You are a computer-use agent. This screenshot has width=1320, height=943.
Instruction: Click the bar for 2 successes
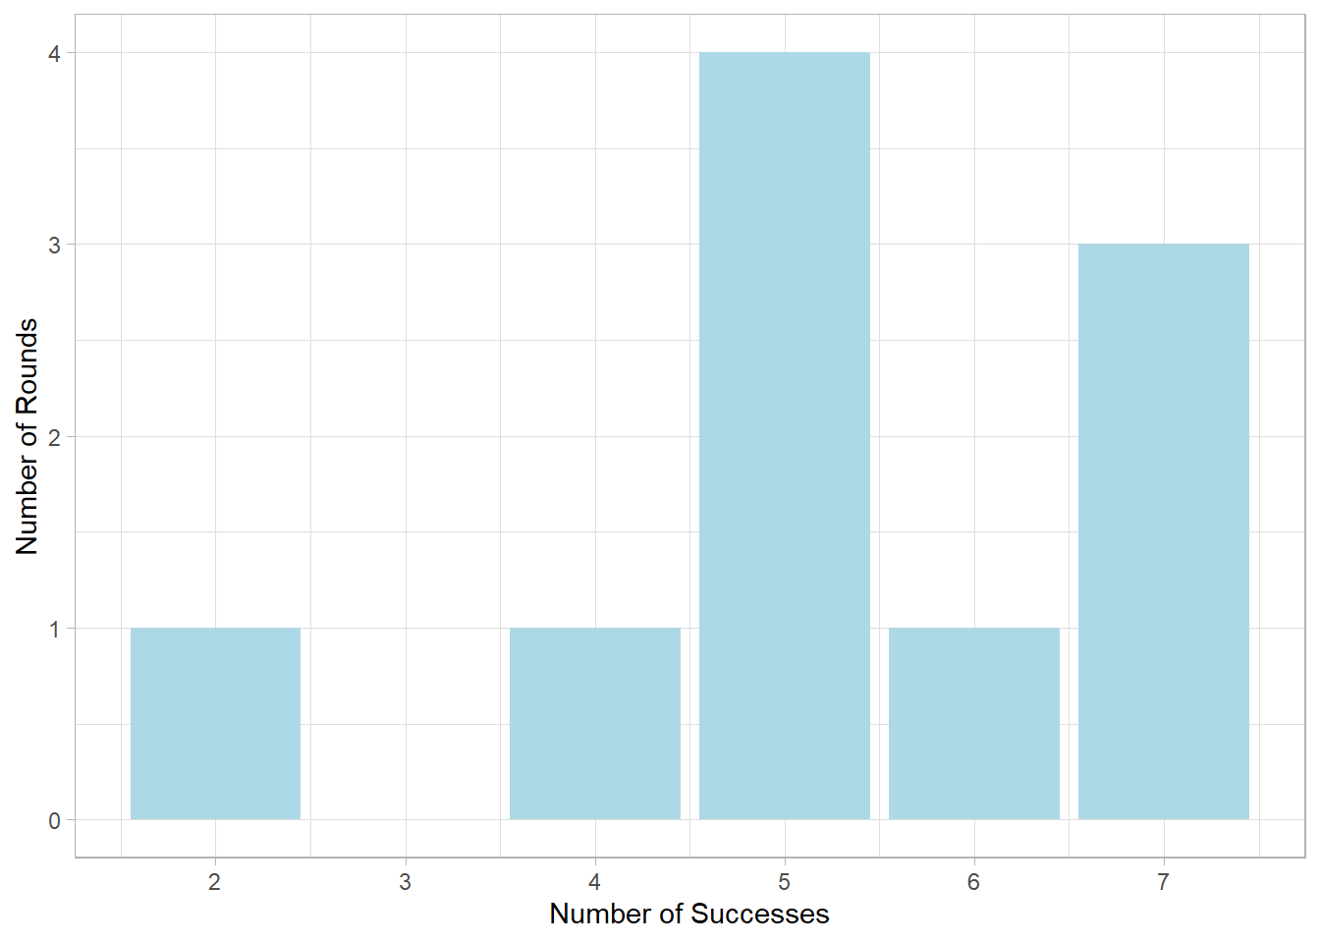click(x=215, y=724)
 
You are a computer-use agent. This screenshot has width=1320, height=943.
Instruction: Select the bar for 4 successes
click(x=594, y=724)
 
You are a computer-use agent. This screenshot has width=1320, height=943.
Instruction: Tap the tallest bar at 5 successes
click(x=784, y=436)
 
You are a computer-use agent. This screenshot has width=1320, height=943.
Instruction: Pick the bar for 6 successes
click(x=973, y=724)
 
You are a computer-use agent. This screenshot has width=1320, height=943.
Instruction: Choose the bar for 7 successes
click(x=1163, y=531)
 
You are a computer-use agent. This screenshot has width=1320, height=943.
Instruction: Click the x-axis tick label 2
click(x=215, y=882)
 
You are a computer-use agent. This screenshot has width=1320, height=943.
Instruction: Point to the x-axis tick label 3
click(x=405, y=882)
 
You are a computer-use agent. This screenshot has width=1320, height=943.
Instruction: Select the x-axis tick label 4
click(x=594, y=882)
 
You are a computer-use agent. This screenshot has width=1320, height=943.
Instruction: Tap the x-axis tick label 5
click(x=784, y=882)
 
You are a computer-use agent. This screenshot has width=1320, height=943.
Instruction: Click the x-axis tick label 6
click(x=973, y=882)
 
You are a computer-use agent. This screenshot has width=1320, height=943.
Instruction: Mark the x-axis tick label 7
click(x=1163, y=882)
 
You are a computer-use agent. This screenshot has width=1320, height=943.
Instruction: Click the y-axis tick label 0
click(x=54, y=821)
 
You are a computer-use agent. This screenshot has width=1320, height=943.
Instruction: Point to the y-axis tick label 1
click(x=54, y=629)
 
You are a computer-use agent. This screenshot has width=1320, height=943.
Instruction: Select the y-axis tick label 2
click(x=54, y=437)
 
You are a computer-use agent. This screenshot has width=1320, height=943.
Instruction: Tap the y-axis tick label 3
click(x=54, y=245)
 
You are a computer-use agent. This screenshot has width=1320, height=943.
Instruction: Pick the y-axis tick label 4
click(x=54, y=53)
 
